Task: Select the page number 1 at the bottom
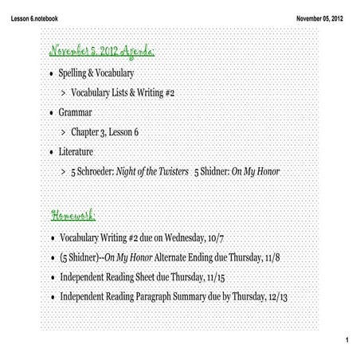tap(348, 342)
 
